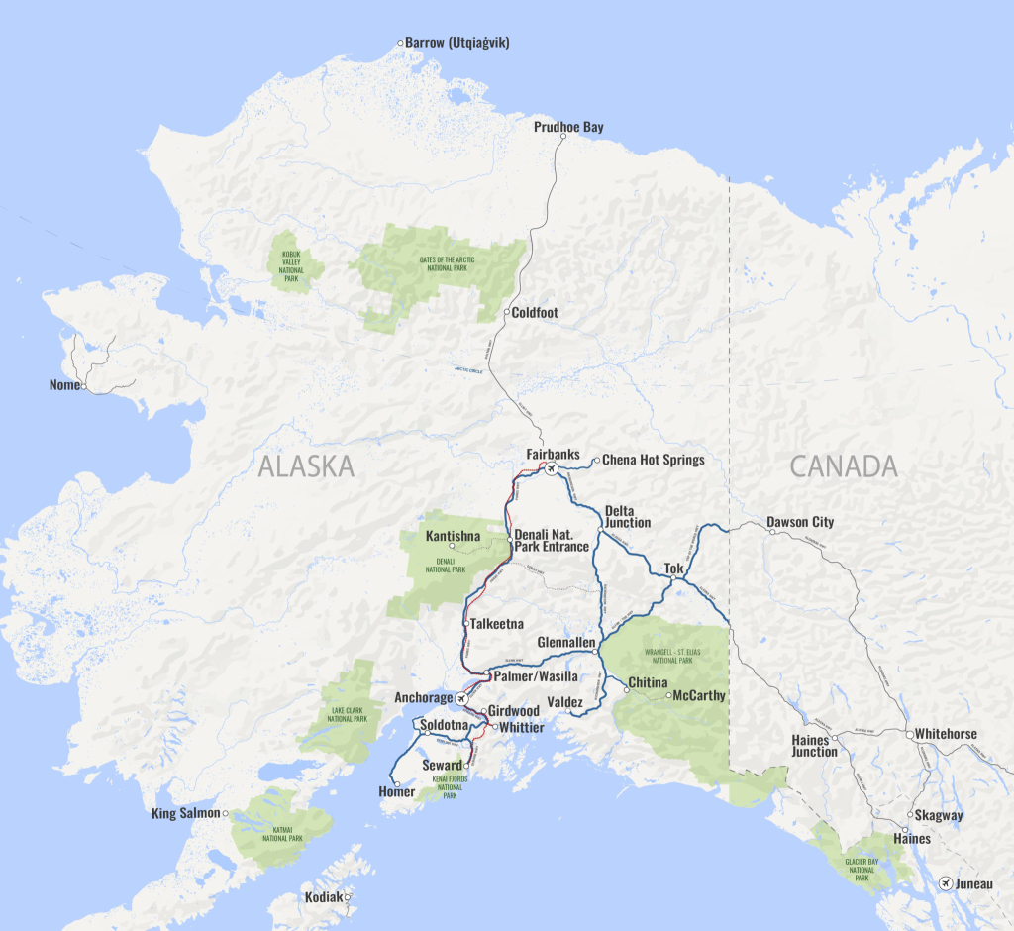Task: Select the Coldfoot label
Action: click(x=535, y=313)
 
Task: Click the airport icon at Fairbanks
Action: click(x=552, y=468)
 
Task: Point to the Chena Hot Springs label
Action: click(x=654, y=460)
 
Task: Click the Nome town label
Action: click(x=64, y=384)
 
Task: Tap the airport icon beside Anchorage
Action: click(x=461, y=698)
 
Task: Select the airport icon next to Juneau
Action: click(x=946, y=882)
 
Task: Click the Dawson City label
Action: click(x=800, y=522)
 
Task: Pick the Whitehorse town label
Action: click(x=946, y=734)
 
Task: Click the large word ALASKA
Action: click(x=306, y=466)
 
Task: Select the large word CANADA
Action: click(x=844, y=465)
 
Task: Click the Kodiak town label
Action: click(x=324, y=897)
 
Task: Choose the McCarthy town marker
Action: click(x=669, y=695)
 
